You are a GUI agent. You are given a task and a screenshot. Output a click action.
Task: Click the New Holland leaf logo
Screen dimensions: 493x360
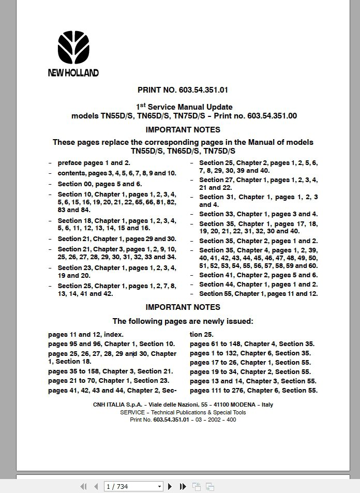point(73,48)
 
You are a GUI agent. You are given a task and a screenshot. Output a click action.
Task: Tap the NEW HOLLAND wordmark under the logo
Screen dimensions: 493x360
point(73,73)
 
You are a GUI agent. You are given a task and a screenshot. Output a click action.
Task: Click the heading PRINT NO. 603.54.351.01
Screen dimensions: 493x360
point(183,89)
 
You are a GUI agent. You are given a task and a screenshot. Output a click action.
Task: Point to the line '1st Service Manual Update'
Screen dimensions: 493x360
point(184,107)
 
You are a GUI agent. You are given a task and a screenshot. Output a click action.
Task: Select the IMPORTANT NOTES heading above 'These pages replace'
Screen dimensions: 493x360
point(183,129)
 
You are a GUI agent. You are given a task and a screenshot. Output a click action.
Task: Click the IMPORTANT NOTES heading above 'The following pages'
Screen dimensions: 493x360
point(183,307)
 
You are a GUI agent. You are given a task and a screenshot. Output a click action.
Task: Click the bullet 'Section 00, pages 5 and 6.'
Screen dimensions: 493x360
point(99,184)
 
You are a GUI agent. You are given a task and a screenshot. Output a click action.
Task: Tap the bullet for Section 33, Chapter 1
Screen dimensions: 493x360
point(258,214)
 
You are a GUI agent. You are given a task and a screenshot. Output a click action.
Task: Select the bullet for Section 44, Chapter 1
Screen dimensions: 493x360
point(258,284)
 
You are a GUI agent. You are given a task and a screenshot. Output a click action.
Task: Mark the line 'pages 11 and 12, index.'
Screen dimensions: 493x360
point(86,335)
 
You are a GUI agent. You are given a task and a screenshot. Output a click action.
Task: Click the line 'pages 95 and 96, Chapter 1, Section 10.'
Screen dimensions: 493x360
point(112,343)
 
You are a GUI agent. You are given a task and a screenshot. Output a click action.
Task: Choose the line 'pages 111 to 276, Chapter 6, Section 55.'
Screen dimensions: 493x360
point(253,391)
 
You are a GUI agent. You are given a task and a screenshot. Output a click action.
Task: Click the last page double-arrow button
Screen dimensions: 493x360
point(183,486)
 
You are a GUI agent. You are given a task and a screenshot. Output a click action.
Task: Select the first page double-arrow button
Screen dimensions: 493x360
point(83,486)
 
